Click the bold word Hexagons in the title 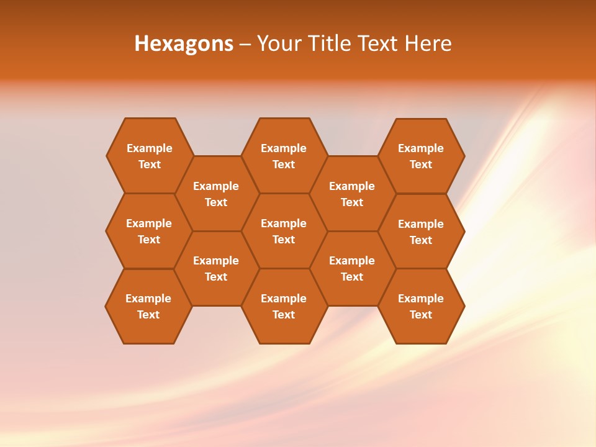[184, 43]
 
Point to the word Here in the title [428, 43]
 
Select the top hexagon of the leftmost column [149, 156]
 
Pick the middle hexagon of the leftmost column [149, 231]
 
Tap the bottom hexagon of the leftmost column [148, 306]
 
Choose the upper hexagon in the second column [216, 194]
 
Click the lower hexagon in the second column [216, 268]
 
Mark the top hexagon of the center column [284, 156]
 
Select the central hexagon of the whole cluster [284, 231]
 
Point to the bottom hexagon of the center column [284, 306]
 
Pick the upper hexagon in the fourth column [352, 194]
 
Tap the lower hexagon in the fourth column [352, 268]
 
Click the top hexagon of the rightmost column [421, 156]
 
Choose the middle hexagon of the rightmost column [421, 232]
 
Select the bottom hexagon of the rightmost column [421, 306]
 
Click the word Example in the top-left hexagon [149, 148]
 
